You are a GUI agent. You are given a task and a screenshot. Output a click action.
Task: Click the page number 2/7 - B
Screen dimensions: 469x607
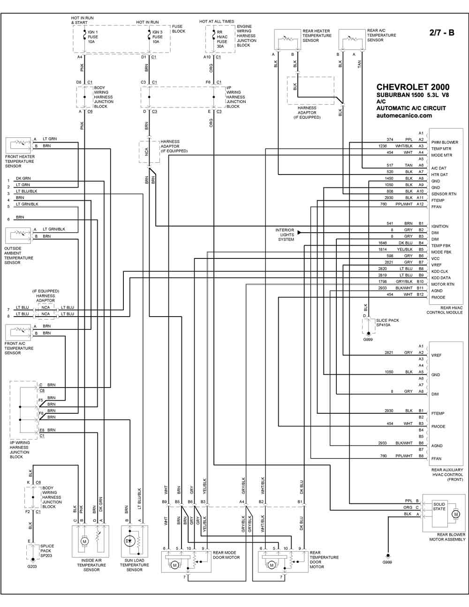(x=442, y=33)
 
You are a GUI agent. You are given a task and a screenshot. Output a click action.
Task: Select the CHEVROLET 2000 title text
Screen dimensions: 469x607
(x=413, y=87)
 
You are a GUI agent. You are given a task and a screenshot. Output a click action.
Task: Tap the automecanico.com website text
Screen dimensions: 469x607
(x=404, y=116)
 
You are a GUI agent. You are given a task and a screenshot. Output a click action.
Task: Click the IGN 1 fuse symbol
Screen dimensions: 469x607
(x=84, y=35)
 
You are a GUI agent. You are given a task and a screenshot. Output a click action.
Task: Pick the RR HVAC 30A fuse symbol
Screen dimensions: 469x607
(x=213, y=35)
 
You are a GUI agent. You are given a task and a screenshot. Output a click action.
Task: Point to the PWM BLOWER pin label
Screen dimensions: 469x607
(x=445, y=142)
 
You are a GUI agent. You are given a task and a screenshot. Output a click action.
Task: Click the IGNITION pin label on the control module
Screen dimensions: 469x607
(x=440, y=226)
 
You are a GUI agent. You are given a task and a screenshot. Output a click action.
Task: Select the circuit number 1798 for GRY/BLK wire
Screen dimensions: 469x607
(x=382, y=281)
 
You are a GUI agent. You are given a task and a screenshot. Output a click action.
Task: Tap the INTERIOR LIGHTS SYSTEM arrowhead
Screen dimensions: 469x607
(x=299, y=232)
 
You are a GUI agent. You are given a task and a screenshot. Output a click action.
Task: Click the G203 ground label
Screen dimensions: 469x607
(x=32, y=567)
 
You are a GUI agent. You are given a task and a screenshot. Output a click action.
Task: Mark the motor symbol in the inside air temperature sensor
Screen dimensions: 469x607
(x=84, y=542)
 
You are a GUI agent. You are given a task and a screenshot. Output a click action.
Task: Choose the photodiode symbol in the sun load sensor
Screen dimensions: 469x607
(x=129, y=541)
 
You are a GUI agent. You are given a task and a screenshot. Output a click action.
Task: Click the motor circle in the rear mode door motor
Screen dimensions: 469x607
(x=175, y=565)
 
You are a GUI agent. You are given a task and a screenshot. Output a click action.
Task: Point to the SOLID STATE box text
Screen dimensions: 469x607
(x=439, y=507)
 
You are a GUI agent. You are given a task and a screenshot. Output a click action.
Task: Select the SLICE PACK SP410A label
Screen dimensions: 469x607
(x=387, y=323)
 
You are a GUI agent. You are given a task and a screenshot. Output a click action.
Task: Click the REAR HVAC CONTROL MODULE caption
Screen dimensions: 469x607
(x=445, y=310)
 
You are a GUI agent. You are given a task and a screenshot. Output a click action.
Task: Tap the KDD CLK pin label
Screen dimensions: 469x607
(x=440, y=272)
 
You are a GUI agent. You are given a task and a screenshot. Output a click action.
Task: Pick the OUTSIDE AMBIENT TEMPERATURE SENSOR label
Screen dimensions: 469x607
(x=18, y=255)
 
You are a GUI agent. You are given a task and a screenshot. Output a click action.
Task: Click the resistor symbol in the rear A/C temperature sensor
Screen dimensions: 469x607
(x=352, y=38)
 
